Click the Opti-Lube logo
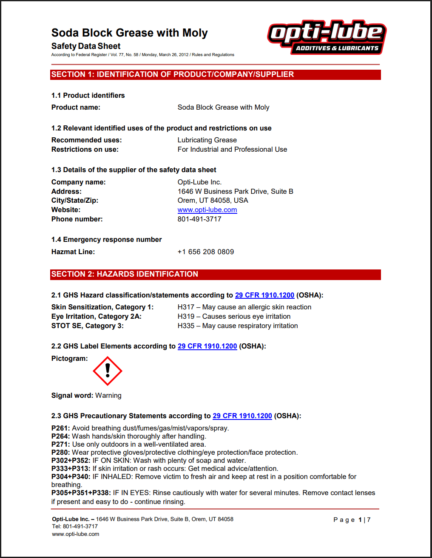point(327,37)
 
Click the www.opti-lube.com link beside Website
point(207,210)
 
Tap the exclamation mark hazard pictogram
point(108,371)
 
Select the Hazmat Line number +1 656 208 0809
point(205,252)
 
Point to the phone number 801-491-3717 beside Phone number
point(199,219)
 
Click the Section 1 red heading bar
point(215,75)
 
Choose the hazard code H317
point(186,307)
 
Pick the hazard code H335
point(186,326)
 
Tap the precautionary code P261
point(60,428)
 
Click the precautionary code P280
point(60,453)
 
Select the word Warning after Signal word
point(108,396)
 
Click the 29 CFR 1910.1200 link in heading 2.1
point(264,295)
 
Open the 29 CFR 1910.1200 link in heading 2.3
point(242,416)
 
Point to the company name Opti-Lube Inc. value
point(199,182)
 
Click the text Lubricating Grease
point(207,140)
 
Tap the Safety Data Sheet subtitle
point(86,46)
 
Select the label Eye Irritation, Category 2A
point(97,317)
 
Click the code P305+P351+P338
point(81,493)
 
